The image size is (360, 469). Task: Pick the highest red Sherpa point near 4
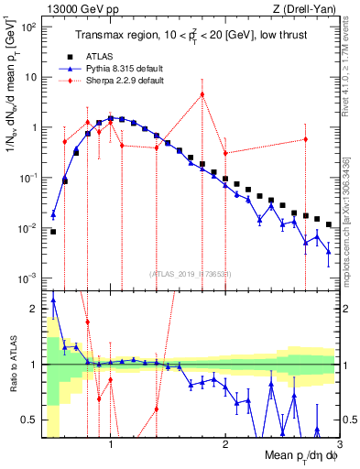202,94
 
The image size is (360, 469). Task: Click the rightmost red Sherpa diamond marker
306,139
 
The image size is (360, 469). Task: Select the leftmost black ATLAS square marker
53,232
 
